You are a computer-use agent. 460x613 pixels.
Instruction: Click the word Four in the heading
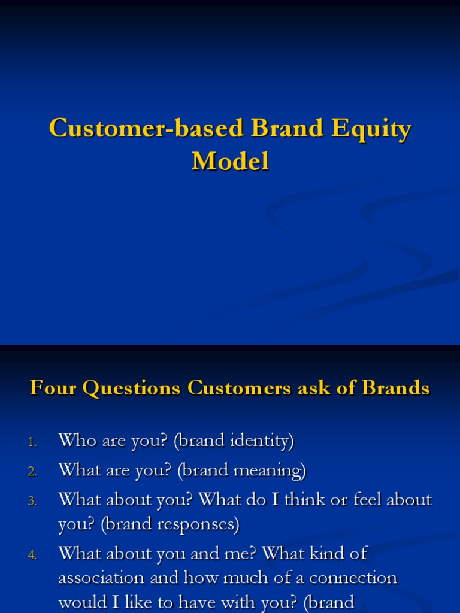click(53, 388)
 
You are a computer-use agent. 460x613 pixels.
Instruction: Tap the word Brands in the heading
click(395, 388)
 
